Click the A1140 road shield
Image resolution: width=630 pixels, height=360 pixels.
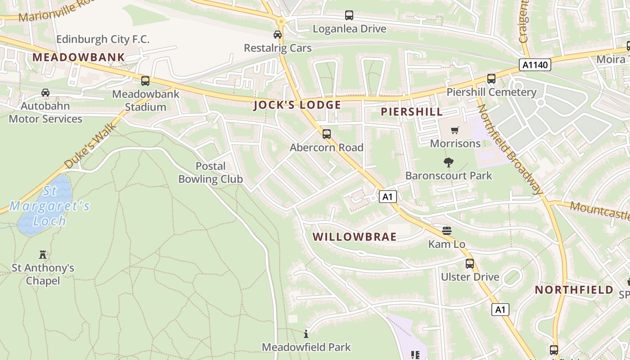pos(535,65)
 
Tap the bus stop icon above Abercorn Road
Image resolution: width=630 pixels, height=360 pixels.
pos(327,134)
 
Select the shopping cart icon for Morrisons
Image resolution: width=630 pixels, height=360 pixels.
pos(455,130)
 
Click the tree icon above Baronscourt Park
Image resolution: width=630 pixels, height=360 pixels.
pos(449,162)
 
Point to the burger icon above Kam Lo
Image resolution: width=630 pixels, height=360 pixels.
pos(447,231)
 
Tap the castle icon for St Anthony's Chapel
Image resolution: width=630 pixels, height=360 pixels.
pos(43,255)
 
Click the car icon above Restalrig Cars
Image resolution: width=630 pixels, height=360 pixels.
pos(278,35)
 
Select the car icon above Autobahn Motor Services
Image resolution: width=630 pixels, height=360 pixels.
pos(45,93)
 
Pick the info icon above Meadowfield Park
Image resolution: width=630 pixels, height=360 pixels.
pos(306,334)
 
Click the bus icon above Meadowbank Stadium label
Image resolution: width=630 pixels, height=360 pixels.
pos(145,81)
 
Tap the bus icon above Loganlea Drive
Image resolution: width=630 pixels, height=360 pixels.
pos(349,15)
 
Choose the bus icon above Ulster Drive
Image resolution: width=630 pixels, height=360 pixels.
pos(470,264)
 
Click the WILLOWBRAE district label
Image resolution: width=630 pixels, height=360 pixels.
pos(355,237)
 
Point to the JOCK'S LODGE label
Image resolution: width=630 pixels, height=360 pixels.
pos(297,105)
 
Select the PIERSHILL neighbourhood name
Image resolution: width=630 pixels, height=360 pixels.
pos(412,112)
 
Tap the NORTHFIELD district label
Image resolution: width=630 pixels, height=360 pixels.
pos(574,290)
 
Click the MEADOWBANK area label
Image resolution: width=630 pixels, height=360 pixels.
pos(79,57)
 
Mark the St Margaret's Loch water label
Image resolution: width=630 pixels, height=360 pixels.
pos(49,206)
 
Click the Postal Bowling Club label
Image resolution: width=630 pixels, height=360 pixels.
pos(211,172)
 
